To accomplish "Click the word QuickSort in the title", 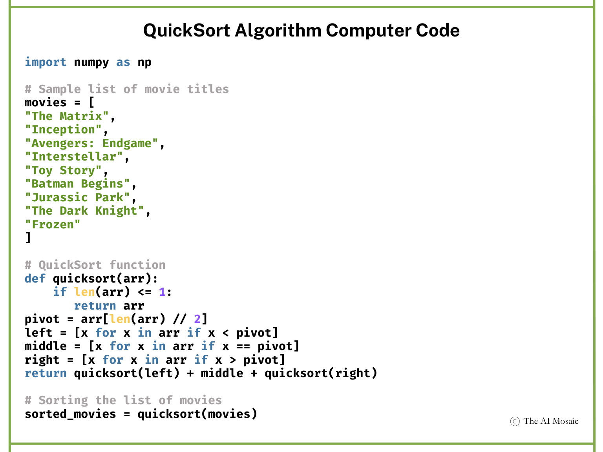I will [186, 31].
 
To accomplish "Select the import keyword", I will [46, 62].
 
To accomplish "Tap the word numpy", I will [91, 62].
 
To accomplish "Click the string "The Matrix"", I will [67, 116].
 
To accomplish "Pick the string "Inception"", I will [63, 129].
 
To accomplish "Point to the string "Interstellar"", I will [74, 157].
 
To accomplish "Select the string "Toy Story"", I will [63, 170].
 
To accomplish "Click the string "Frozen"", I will [53, 224].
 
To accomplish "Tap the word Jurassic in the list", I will [60, 197].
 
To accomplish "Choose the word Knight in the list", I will [116, 211].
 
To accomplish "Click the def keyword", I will [35, 279].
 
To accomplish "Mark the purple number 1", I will [162, 292].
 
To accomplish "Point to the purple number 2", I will [197, 319].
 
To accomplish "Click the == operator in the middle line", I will [243, 346].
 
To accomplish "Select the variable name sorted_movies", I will [70, 414].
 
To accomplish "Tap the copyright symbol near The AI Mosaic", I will [515, 421].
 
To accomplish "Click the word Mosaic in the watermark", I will [565, 421].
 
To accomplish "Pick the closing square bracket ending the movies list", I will [28, 238].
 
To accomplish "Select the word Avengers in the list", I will [60, 143].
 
